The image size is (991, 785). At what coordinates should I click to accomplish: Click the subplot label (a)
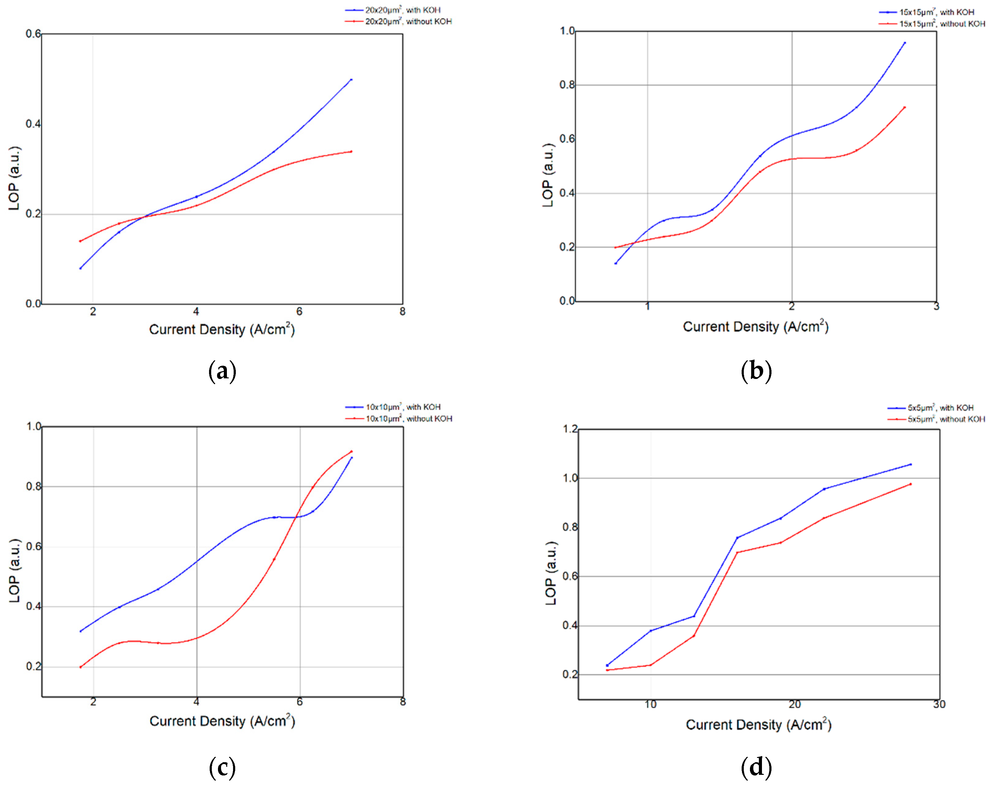pos(223,371)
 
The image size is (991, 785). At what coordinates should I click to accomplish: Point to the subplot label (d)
pos(756,767)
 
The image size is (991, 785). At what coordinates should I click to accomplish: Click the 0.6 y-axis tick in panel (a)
pos(33,34)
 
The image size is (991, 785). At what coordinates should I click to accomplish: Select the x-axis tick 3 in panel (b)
pos(936,307)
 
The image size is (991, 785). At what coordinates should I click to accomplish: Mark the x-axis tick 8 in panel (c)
pos(403,702)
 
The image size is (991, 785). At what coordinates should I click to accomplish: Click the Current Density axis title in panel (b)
pos(755,327)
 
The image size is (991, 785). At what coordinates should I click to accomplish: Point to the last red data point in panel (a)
pos(351,152)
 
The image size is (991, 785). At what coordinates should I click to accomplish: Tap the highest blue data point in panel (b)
pos(904,43)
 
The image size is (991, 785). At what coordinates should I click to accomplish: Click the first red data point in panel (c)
pos(81,667)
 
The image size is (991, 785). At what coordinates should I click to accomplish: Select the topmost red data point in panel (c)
pos(352,451)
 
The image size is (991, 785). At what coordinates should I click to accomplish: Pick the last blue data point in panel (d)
pos(911,465)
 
